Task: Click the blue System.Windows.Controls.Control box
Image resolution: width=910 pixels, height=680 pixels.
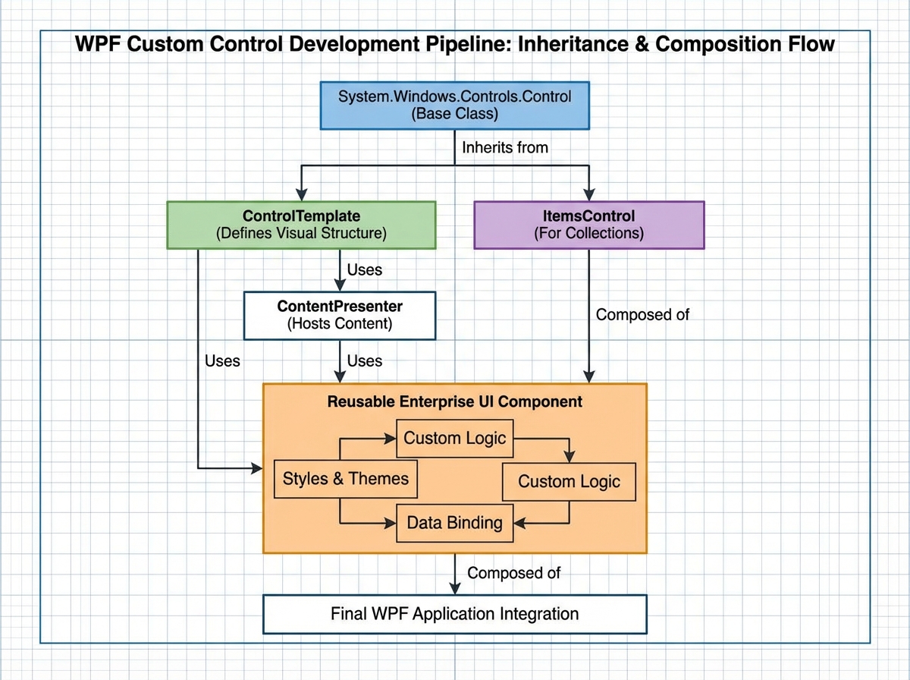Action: [454, 106]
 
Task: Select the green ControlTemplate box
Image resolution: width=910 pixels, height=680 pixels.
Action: [301, 225]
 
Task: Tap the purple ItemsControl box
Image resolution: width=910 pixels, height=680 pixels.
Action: [589, 225]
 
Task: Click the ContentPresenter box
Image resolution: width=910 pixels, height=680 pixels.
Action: [340, 316]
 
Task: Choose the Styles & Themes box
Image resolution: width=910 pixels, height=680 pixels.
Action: [345, 479]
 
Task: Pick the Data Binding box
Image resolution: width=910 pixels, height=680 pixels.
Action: [454, 523]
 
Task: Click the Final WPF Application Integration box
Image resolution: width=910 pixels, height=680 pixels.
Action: [454, 614]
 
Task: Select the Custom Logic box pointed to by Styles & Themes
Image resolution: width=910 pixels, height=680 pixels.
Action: [454, 438]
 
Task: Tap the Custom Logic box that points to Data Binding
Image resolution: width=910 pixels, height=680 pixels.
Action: [569, 481]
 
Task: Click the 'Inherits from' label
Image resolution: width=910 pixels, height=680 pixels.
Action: [504, 148]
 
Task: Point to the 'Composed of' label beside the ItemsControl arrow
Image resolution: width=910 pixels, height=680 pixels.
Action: [642, 314]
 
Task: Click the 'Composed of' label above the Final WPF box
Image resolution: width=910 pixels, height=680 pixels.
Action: [513, 573]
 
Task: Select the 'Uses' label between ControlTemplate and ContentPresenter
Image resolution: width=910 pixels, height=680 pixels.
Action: [364, 269]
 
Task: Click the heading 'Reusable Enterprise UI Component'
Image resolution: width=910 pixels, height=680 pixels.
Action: [454, 401]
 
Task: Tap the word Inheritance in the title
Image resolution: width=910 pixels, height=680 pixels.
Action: [561, 44]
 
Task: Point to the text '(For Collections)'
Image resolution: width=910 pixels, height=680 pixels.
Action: [589, 234]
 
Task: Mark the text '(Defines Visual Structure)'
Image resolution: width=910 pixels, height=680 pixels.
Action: [301, 234]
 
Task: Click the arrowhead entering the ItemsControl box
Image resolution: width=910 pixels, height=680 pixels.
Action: [589, 194]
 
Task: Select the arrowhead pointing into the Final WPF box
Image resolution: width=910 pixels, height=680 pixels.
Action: [454, 588]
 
